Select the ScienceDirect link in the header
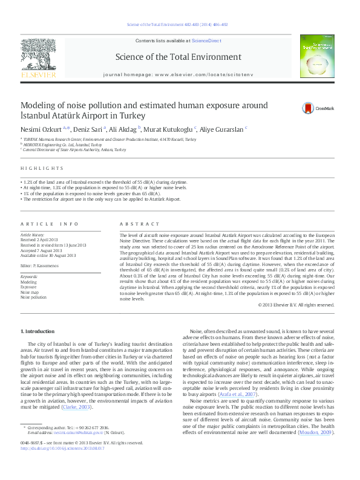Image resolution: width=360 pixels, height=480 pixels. point(206,41)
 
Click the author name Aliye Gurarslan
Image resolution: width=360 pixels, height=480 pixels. point(226,129)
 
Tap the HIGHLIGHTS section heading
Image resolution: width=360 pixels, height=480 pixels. point(42,168)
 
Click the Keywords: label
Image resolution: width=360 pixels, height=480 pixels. point(30,276)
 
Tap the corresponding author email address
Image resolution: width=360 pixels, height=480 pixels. point(70,433)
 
